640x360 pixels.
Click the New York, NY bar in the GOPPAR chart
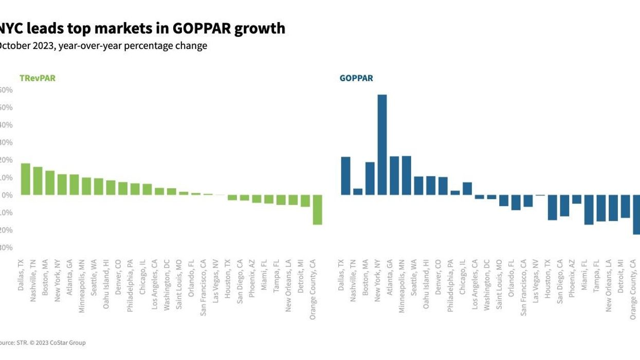pyautogui.click(x=382, y=145)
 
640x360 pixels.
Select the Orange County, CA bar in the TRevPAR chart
pyautogui.click(x=317, y=209)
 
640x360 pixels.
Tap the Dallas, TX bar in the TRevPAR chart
pyautogui.click(x=25, y=179)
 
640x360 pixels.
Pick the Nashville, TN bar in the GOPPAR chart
pyautogui.click(x=358, y=191)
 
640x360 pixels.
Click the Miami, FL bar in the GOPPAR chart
pyautogui.click(x=589, y=209)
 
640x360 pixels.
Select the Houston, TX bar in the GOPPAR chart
pyautogui.click(x=552, y=207)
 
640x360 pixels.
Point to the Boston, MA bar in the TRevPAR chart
pyautogui.click(x=50, y=183)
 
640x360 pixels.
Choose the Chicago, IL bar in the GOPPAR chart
pyautogui.click(x=467, y=188)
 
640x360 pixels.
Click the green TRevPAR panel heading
pyautogui.click(x=37, y=79)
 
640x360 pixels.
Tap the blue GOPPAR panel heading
pyautogui.click(x=356, y=79)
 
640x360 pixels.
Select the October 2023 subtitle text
pyautogui.click(x=103, y=46)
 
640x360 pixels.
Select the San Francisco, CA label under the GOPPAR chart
pyautogui.click(x=524, y=286)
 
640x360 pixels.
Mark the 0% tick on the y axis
pyautogui.click(x=6, y=195)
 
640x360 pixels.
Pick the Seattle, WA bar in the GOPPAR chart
pyautogui.click(x=418, y=186)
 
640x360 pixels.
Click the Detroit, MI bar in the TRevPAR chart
pyautogui.click(x=305, y=201)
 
